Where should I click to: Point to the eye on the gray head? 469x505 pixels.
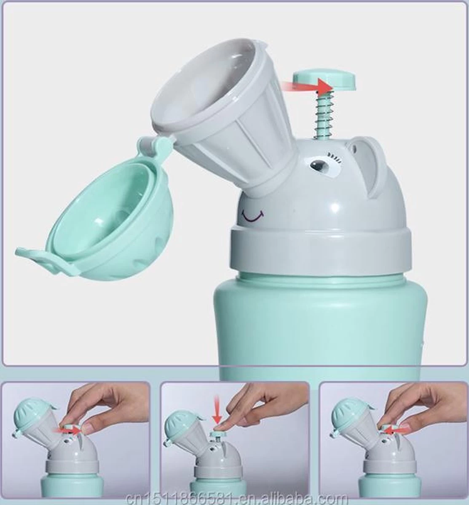(319, 166)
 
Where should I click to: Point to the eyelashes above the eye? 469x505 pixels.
(334, 157)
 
